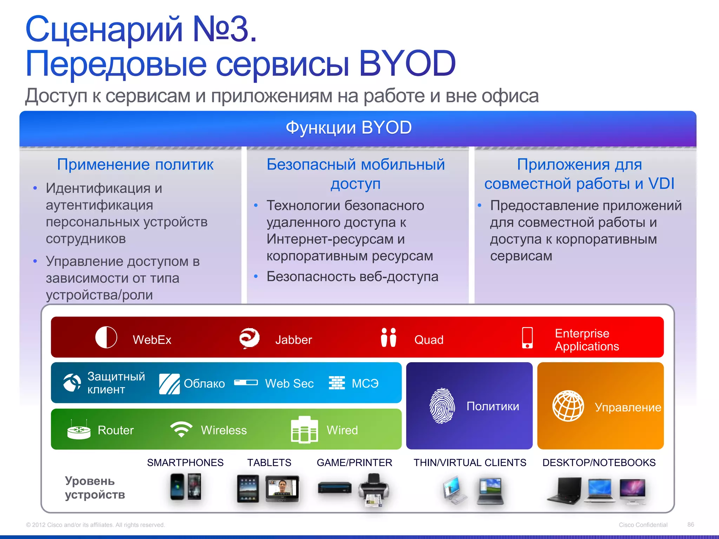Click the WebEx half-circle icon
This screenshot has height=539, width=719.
(106, 337)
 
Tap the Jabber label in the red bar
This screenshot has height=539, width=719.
(293, 340)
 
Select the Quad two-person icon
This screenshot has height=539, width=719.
(388, 338)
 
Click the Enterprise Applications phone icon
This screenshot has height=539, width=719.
(527, 338)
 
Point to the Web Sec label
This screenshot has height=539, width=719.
(289, 383)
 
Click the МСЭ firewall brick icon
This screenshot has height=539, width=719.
(337, 383)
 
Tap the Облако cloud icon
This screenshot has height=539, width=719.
(169, 384)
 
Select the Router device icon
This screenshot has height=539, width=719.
(79, 430)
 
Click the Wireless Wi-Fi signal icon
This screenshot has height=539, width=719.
(181, 429)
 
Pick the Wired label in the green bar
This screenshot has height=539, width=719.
(342, 430)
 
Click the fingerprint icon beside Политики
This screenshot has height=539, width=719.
(442, 406)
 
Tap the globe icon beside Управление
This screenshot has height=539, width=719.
(568, 406)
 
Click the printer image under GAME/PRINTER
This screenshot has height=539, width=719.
(374, 490)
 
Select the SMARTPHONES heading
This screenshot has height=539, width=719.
(185, 463)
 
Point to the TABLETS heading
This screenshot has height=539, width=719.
(269, 463)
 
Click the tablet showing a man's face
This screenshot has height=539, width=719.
(282, 488)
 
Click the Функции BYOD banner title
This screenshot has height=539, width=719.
(348, 127)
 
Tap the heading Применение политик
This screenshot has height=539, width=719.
(135, 164)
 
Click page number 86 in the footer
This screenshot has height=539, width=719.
(691, 524)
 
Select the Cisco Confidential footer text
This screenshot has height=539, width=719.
(643, 525)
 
